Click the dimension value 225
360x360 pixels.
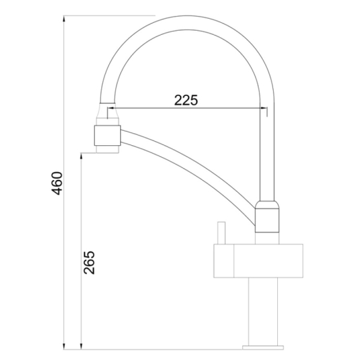(186, 100)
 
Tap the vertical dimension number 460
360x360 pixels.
(56, 183)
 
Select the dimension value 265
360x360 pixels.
(89, 262)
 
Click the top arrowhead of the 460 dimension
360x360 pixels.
(64, 19)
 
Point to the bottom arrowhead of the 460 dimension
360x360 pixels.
(64, 346)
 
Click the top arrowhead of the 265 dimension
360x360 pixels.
(81, 156)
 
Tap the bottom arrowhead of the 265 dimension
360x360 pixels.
(81, 346)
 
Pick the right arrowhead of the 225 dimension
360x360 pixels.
(263, 107)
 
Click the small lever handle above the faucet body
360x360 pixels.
(221, 233)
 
